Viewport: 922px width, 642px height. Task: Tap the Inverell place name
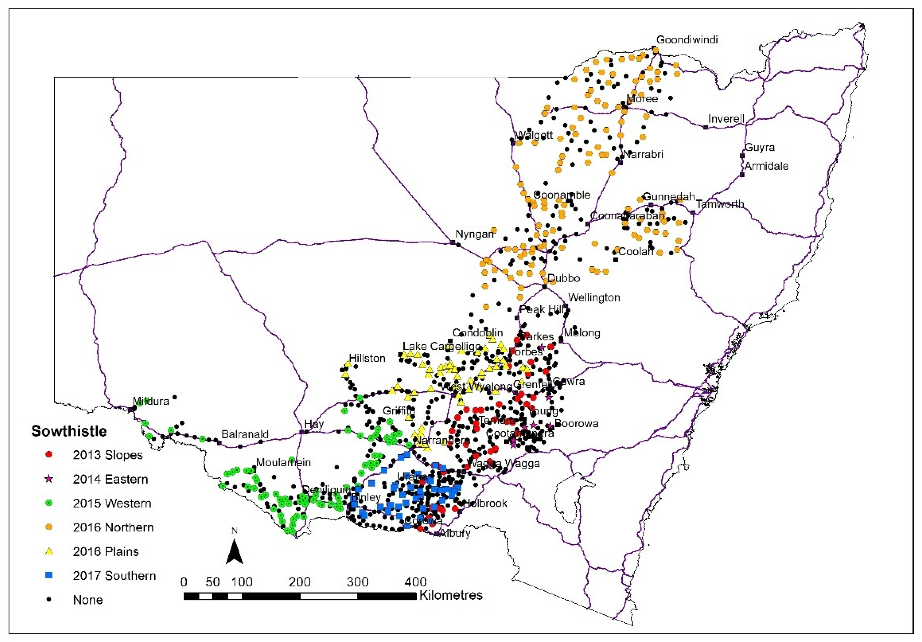(726, 119)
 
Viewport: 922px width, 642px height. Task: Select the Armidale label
(766, 166)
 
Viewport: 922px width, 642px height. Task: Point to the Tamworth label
(720, 204)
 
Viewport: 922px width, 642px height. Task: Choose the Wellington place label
(594, 298)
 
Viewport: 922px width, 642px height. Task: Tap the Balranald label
(245, 434)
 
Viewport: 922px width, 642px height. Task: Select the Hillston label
(367, 358)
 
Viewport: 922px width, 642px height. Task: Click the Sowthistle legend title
(69, 431)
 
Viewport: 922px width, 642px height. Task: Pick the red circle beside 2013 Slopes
(49, 455)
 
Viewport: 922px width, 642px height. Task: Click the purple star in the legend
(49, 479)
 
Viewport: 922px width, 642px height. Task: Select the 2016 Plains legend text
(106, 552)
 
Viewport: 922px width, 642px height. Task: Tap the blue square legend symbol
(49, 575)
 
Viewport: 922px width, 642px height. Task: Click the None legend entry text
(88, 600)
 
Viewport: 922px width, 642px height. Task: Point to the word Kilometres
(451, 595)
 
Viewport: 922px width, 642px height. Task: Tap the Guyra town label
(759, 147)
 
